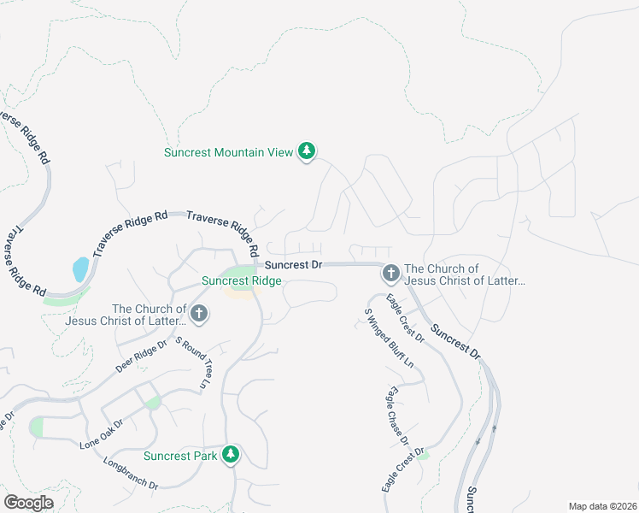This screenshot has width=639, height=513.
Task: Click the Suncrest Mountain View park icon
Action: pos(307,152)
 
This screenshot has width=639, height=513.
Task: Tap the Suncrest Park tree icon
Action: pos(230,455)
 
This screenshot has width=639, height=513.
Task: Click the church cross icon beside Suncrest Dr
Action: pos(390,274)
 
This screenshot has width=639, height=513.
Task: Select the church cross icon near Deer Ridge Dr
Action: pos(198,314)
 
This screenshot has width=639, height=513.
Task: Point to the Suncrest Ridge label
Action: pos(242,280)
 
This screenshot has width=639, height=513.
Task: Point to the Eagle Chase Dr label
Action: pos(396,416)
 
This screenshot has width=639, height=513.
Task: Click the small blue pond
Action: pos(79,269)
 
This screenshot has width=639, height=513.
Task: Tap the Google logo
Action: pos(28,502)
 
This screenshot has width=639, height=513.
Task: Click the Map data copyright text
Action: pos(601,505)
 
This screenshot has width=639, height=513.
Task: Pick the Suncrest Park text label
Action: pos(180,456)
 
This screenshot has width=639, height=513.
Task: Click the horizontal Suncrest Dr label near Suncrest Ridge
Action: pos(293,265)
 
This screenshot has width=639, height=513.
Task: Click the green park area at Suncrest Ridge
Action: pos(243,272)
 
